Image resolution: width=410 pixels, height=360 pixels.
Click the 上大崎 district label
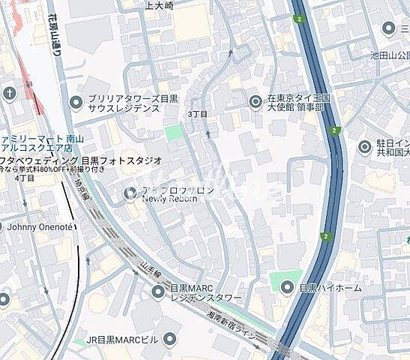158,5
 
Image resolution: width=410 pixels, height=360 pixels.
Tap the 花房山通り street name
57,34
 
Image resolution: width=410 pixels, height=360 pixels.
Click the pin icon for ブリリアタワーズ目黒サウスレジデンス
76,103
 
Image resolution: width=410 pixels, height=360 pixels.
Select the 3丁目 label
198,113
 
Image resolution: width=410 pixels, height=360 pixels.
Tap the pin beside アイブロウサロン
129,195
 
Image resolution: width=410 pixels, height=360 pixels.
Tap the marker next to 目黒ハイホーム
287,287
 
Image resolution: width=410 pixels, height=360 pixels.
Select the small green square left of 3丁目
174,133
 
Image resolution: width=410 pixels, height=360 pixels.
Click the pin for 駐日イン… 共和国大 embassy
365,147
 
